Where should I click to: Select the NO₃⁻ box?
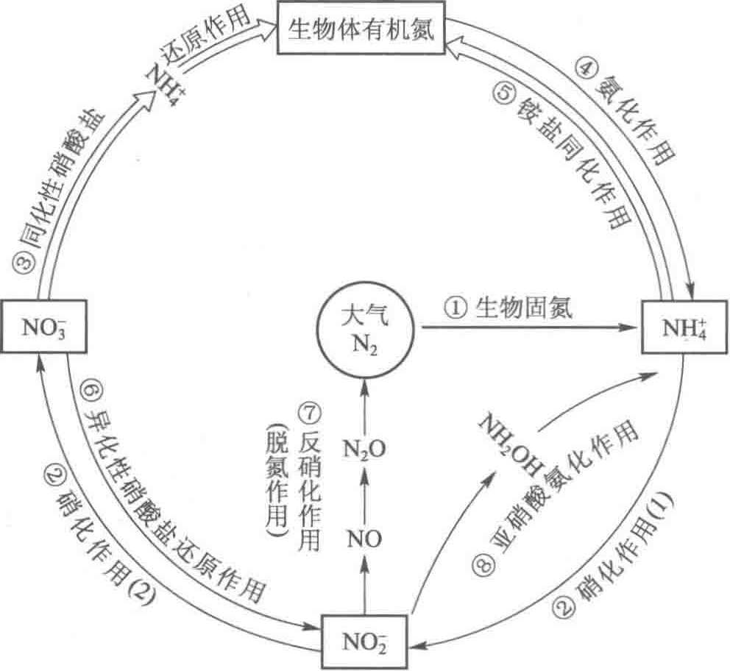pos(37,324)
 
